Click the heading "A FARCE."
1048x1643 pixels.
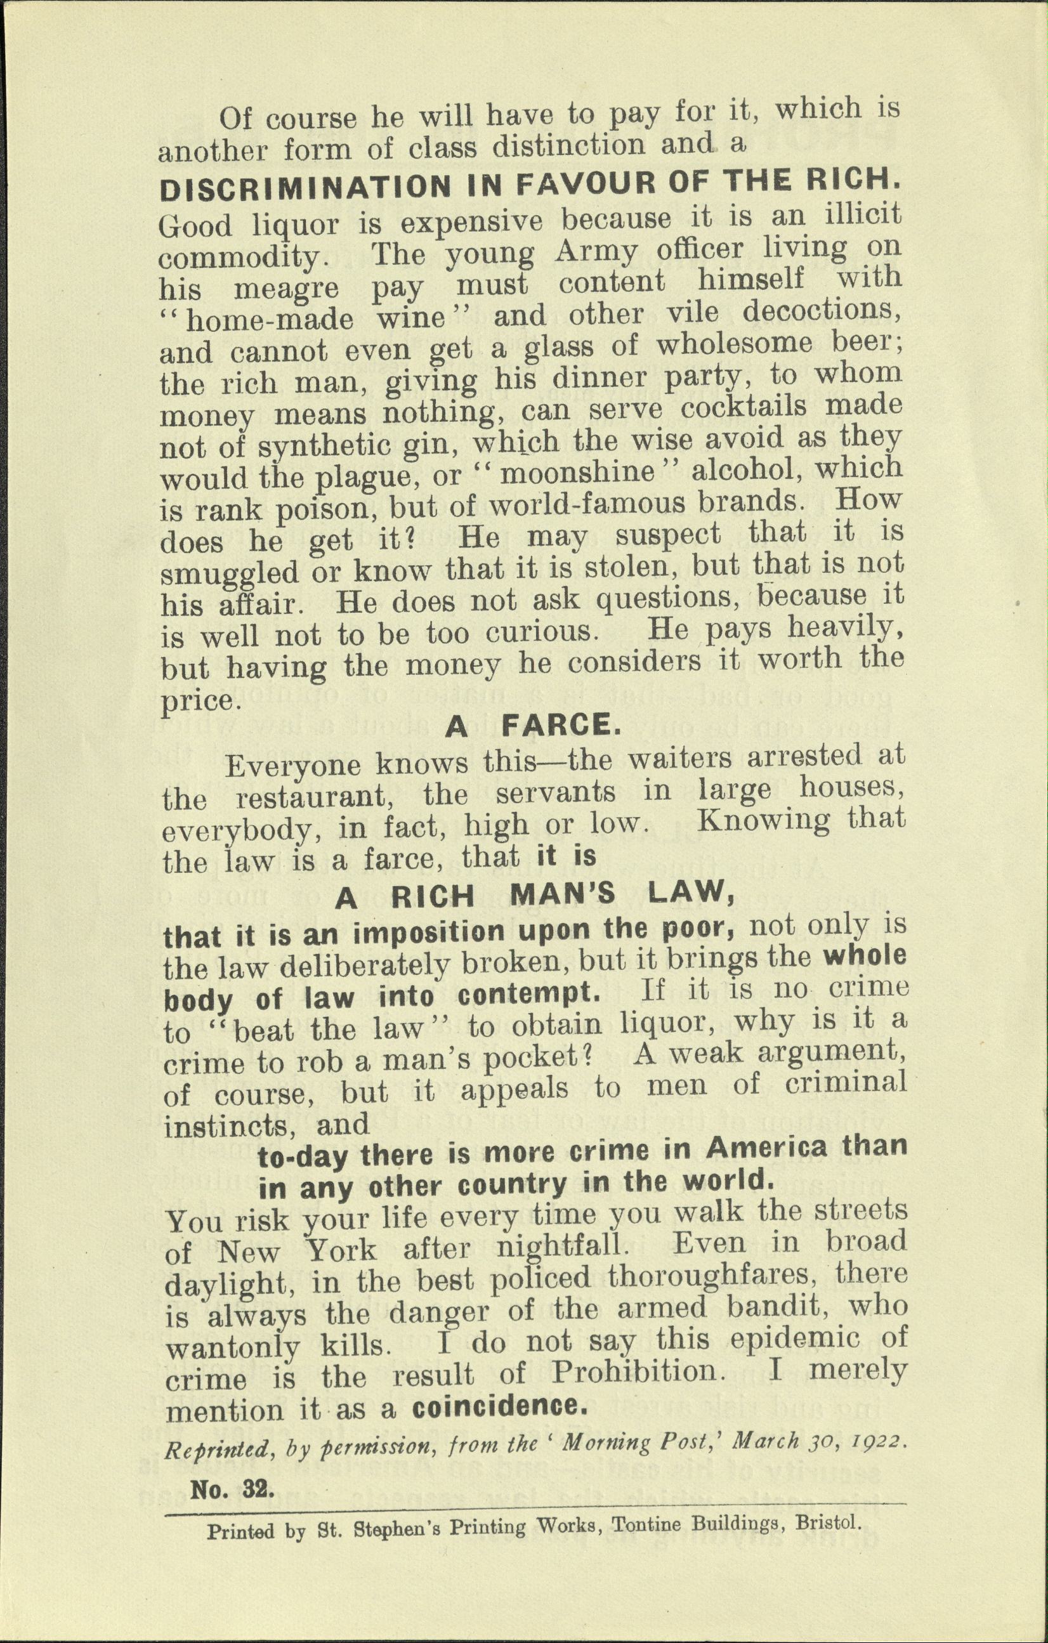tap(533, 725)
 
